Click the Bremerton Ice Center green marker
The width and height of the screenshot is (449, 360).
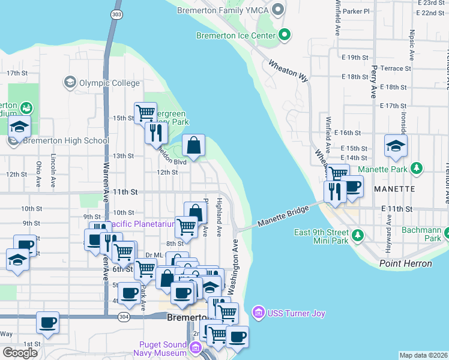285,35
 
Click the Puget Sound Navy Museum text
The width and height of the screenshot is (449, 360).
161,348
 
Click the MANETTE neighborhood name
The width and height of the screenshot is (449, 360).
394,188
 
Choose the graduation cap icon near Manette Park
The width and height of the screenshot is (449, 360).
396,146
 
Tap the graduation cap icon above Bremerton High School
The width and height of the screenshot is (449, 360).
20,127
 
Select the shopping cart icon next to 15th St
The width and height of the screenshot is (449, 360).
145,112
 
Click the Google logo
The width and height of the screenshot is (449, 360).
20,353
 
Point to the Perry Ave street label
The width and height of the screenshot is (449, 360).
373,82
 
